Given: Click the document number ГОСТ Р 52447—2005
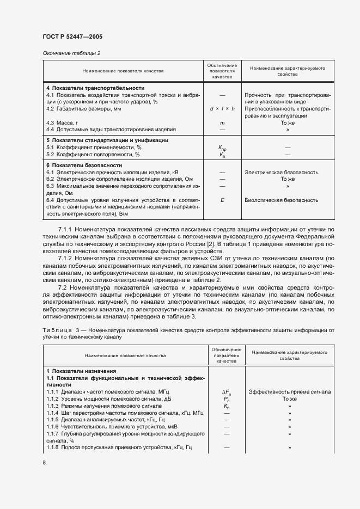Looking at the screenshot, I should (72, 36).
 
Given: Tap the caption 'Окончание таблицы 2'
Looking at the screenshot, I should (71, 53).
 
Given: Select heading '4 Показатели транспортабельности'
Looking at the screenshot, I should (95, 88).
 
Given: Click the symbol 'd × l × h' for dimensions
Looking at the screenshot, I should (222, 109).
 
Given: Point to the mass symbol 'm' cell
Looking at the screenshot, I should (222, 123).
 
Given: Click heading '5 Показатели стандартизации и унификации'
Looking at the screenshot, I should (106, 140).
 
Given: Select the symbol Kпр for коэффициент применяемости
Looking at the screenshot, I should (222, 148).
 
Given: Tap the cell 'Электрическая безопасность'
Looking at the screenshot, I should (282, 172).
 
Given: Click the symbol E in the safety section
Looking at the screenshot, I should (222, 200).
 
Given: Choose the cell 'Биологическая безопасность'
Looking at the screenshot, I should (282, 200).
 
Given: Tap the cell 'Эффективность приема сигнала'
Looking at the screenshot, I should (289, 392).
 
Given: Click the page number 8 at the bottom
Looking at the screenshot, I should (44, 462).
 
